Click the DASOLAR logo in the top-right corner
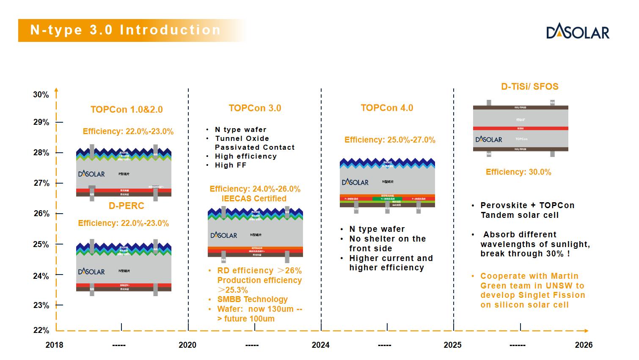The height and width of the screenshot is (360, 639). pos(578,33)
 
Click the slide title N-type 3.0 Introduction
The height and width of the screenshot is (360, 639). pos(126,30)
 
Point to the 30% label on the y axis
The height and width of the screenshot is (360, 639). pos(41,95)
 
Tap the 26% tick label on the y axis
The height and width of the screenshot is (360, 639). pos(41,214)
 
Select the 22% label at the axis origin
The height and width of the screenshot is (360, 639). pos(41,330)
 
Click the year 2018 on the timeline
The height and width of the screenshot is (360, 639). pos(54,345)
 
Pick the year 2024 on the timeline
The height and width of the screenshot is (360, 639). pos(320,345)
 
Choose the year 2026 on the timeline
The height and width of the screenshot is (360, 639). pos(584,345)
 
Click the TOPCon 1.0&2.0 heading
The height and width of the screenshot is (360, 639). pos(127,110)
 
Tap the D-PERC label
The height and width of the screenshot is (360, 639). pos(127,206)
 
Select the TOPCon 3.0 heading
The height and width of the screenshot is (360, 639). pos(255,108)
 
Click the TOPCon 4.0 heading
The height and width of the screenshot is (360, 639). pos(387,108)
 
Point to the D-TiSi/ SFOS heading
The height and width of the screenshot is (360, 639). pos(529,87)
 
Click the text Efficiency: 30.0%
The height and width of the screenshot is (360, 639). pos(518,172)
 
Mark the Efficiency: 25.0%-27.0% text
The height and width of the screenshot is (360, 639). pos(390,140)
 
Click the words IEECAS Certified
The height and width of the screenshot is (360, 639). pos(254,198)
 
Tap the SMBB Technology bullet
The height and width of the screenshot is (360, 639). pos(252,300)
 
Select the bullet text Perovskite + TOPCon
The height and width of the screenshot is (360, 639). pos(527,206)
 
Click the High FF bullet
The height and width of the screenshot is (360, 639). pos(231,165)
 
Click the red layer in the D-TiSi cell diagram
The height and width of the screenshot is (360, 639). pos(521,128)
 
